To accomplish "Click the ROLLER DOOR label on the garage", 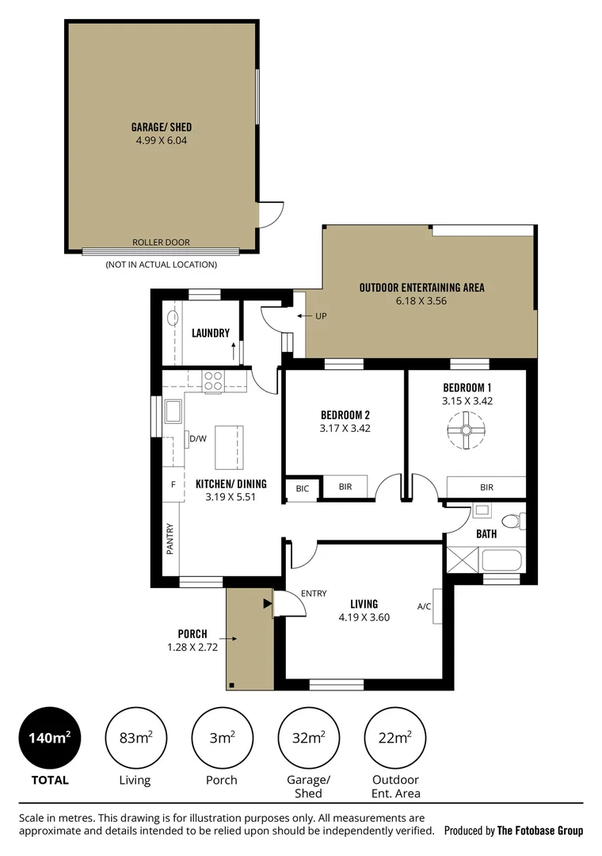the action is coord(161,243).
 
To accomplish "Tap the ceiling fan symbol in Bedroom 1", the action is coord(466,430).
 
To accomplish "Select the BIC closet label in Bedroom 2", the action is coord(303,488).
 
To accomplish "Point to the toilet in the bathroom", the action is coord(513,521).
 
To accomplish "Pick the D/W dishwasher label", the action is coord(198,438).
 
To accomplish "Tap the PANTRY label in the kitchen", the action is coord(170,540).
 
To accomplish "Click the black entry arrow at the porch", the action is coord(268,603).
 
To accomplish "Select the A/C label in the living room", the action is coord(424,606).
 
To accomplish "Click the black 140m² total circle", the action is coord(50,738).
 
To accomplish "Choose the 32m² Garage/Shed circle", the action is coord(308,738).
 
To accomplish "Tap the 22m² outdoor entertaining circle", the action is coord(394,738).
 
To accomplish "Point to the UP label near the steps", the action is coord(321,316).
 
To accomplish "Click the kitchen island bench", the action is coord(229,448).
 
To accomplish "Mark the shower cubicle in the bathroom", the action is coord(463,560).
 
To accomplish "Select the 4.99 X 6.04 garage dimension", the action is coord(162,140).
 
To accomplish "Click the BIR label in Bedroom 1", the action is coord(486,487).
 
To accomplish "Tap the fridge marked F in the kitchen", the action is coord(173,484).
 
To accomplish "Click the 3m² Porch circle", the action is coord(222,738).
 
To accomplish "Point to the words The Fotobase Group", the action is coord(539,831).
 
